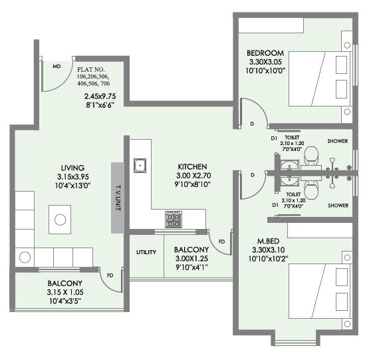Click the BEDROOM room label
tap(265, 53)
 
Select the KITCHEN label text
tap(192, 167)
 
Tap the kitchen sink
tap(140, 164)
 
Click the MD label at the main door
tap(57, 67)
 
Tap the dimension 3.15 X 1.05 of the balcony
tap(64, 292)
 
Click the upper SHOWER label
tap(338, 141)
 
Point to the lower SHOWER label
tap(338, 206)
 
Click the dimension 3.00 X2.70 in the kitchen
tap(192, 177)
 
